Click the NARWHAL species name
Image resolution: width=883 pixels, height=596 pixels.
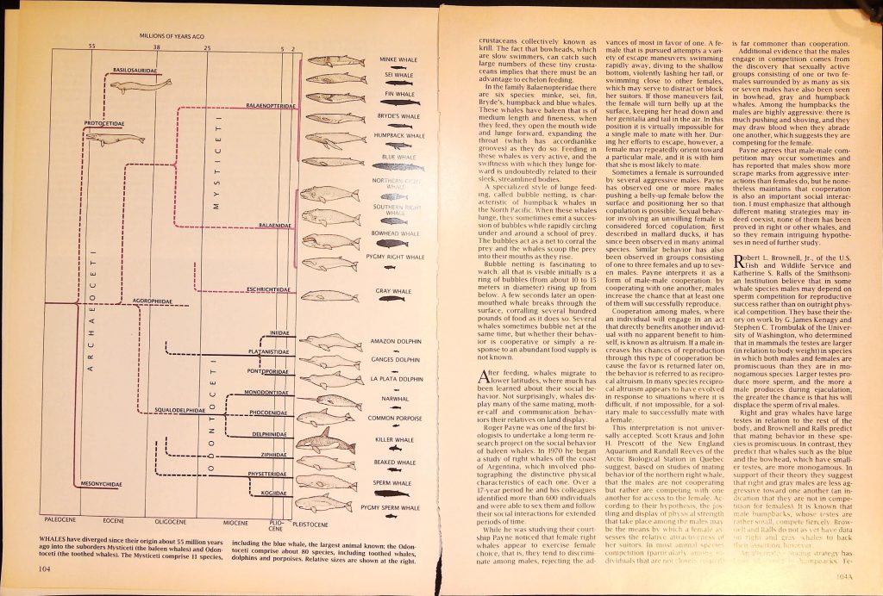tap(394, 399)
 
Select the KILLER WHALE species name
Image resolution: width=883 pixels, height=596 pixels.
tap(396, 439)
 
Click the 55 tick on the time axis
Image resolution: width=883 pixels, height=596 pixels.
tap(90, 47)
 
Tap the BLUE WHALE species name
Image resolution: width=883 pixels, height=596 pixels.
tap(398, 157)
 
